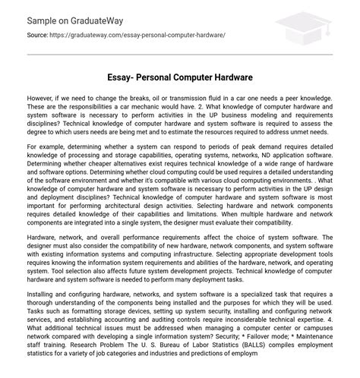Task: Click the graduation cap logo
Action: coord(313,28)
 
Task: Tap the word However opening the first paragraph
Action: coord(42,98)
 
